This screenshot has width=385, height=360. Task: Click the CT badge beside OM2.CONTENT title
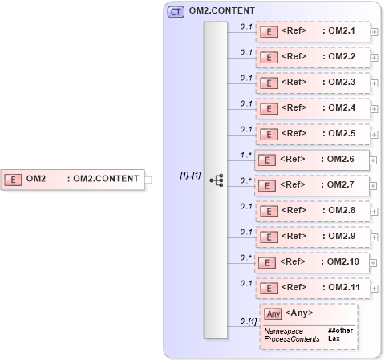175,11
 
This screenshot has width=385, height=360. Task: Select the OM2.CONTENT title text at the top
221,11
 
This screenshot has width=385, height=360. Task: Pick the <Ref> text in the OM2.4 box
294,107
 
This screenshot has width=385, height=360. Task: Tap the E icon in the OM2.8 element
270,210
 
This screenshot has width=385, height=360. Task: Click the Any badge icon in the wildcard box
273,313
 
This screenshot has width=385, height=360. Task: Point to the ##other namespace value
340,330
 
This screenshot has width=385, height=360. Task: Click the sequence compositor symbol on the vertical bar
216,180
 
